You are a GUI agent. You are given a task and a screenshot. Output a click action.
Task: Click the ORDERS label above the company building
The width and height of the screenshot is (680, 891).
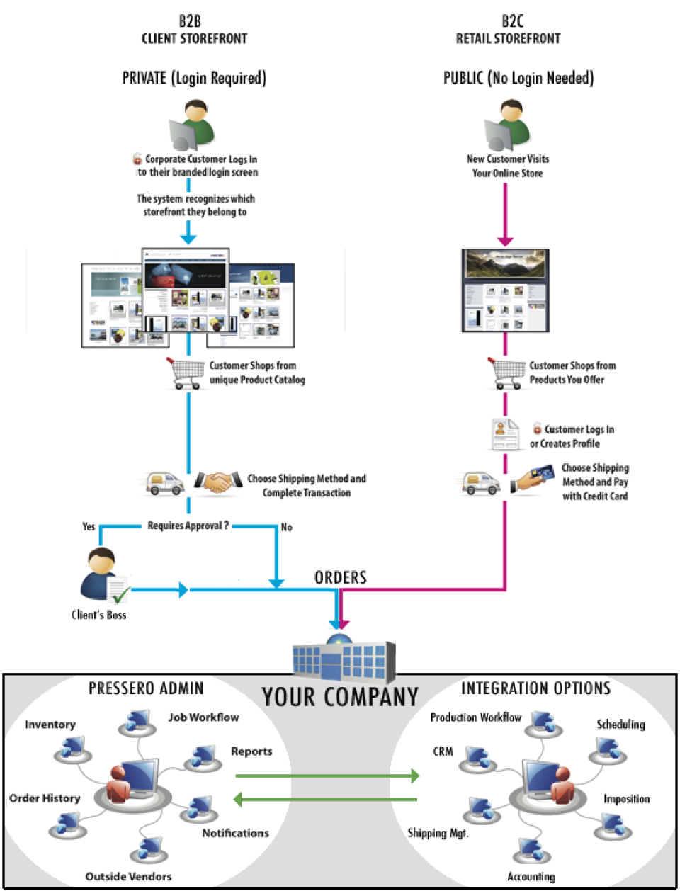(341, 578)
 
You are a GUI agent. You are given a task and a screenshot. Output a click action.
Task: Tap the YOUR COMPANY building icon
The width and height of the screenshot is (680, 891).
(344, 658)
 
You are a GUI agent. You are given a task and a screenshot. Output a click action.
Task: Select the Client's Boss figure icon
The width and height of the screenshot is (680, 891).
(103, 575)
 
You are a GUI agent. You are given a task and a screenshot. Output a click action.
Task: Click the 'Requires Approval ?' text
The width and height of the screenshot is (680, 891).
(188, 526)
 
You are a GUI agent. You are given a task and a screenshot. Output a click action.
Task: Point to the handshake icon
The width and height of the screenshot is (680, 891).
(217, 482)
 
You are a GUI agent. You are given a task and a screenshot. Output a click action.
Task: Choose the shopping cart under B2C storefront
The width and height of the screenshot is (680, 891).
(507, 373)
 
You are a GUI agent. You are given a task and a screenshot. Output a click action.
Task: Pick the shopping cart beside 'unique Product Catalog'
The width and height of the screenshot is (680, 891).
(186, 373)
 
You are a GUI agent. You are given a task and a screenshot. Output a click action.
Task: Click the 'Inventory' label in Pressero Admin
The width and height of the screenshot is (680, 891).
(50, 725)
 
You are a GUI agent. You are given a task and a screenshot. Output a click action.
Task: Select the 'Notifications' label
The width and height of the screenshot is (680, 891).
(235, 833)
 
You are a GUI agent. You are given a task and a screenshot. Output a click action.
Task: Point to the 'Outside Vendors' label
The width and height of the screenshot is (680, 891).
(128, 876)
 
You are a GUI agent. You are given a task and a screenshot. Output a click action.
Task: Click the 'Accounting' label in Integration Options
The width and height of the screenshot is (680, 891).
(531, 877)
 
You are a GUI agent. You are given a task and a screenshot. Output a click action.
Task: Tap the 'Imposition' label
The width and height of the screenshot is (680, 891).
(626, 799)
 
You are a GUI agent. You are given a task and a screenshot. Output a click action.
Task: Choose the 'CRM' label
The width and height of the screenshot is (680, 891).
(443, 751)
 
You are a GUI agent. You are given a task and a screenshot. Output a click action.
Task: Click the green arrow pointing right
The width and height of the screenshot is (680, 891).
(327, 776)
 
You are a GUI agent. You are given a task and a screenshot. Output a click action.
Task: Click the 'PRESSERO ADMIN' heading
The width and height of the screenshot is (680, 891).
(146, 688)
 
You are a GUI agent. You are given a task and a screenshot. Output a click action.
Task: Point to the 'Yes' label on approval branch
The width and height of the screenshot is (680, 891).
(89, 526)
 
